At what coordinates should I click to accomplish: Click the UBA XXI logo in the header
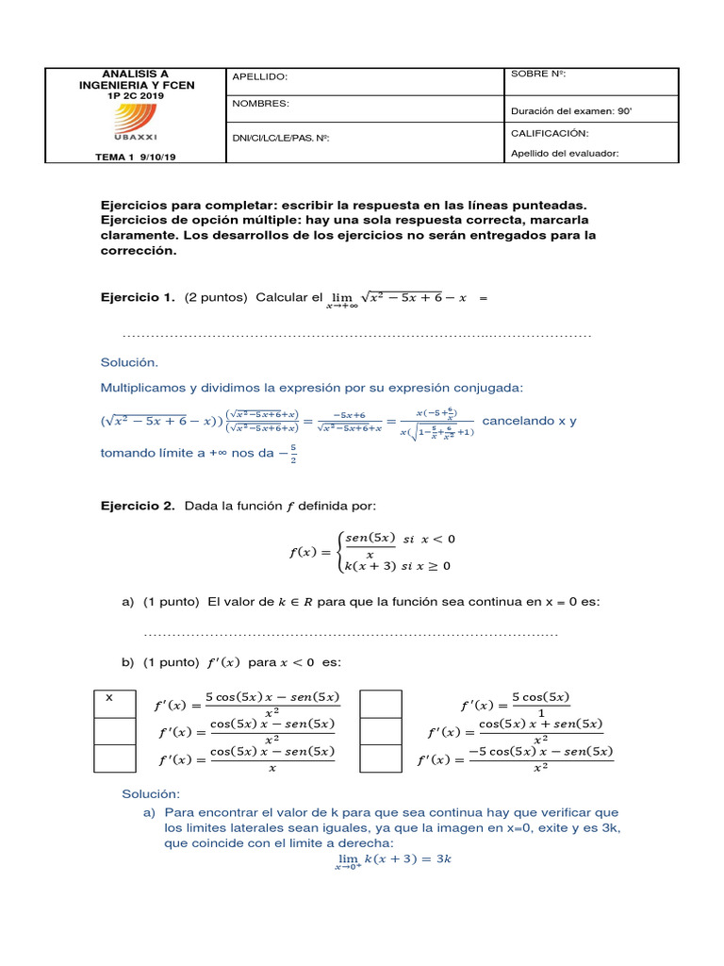(x=136, y=121)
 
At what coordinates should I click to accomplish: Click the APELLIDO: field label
(x=259, y=77)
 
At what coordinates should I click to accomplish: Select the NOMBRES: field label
(x=260, y=104)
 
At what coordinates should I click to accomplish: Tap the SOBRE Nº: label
(x=537, y=74)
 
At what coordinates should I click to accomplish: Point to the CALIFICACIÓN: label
(x=550, y=134)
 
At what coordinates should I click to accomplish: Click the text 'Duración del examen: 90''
(x=570, y=110)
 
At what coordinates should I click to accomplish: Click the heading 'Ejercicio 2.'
(x=138, y=507)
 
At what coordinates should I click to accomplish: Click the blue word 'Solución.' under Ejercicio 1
(x=130, y=362)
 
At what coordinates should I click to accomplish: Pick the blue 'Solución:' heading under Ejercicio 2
(x=151, y=794)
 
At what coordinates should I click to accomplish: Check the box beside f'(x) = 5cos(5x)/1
(x=380, y=704)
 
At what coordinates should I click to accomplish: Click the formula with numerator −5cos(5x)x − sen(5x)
(x=516, y=759)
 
